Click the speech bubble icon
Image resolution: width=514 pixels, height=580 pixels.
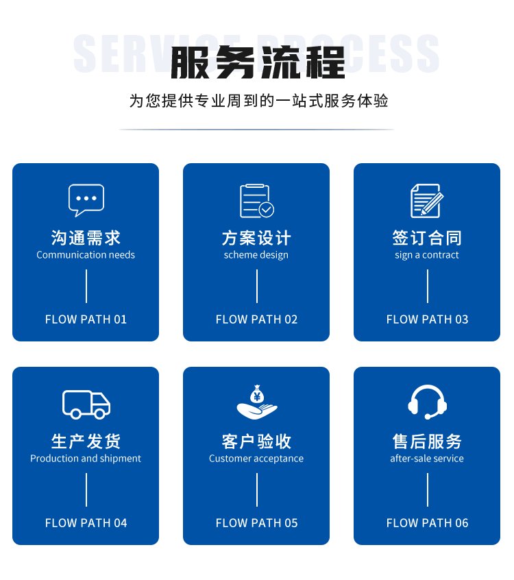click(x=86, y=200)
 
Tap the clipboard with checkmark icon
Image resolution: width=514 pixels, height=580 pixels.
click(x=256, y=200)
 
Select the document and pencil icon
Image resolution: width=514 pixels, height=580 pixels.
click(x=427, y=200)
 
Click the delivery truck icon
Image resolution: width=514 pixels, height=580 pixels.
click(x=86, y=404)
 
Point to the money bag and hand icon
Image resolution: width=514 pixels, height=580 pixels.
click(x=256, y=402)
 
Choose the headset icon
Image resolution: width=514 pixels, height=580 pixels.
click(x=427, y=402)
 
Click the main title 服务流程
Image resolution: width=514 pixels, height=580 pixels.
click(x=258, y=62)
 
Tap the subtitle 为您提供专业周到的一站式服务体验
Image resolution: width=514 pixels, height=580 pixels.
click(x=258, y=101)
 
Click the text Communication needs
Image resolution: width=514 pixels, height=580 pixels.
click(x=86, y=255)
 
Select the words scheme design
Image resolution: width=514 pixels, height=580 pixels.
click(x=256, y=255)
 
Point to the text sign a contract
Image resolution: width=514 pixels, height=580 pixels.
click(x=427, y=255)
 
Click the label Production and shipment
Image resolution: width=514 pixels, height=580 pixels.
click(x=86, y=459)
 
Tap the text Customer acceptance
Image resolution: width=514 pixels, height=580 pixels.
click(x=256, y=459)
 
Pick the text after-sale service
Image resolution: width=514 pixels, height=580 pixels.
click(x=427, y=458)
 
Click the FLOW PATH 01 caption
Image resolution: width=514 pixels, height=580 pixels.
click(x=86, y=319)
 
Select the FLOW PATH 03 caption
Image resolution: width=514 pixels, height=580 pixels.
click(x=427, y=319)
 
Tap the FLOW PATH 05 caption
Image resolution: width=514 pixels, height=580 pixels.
click(x=256, y=523)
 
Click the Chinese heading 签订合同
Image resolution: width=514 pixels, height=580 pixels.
click(x=427, y=237)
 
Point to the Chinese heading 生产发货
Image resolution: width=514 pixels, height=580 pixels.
click(x=86, y=442)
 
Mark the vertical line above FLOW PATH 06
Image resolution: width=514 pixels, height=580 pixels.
click(x=428, y=490)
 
